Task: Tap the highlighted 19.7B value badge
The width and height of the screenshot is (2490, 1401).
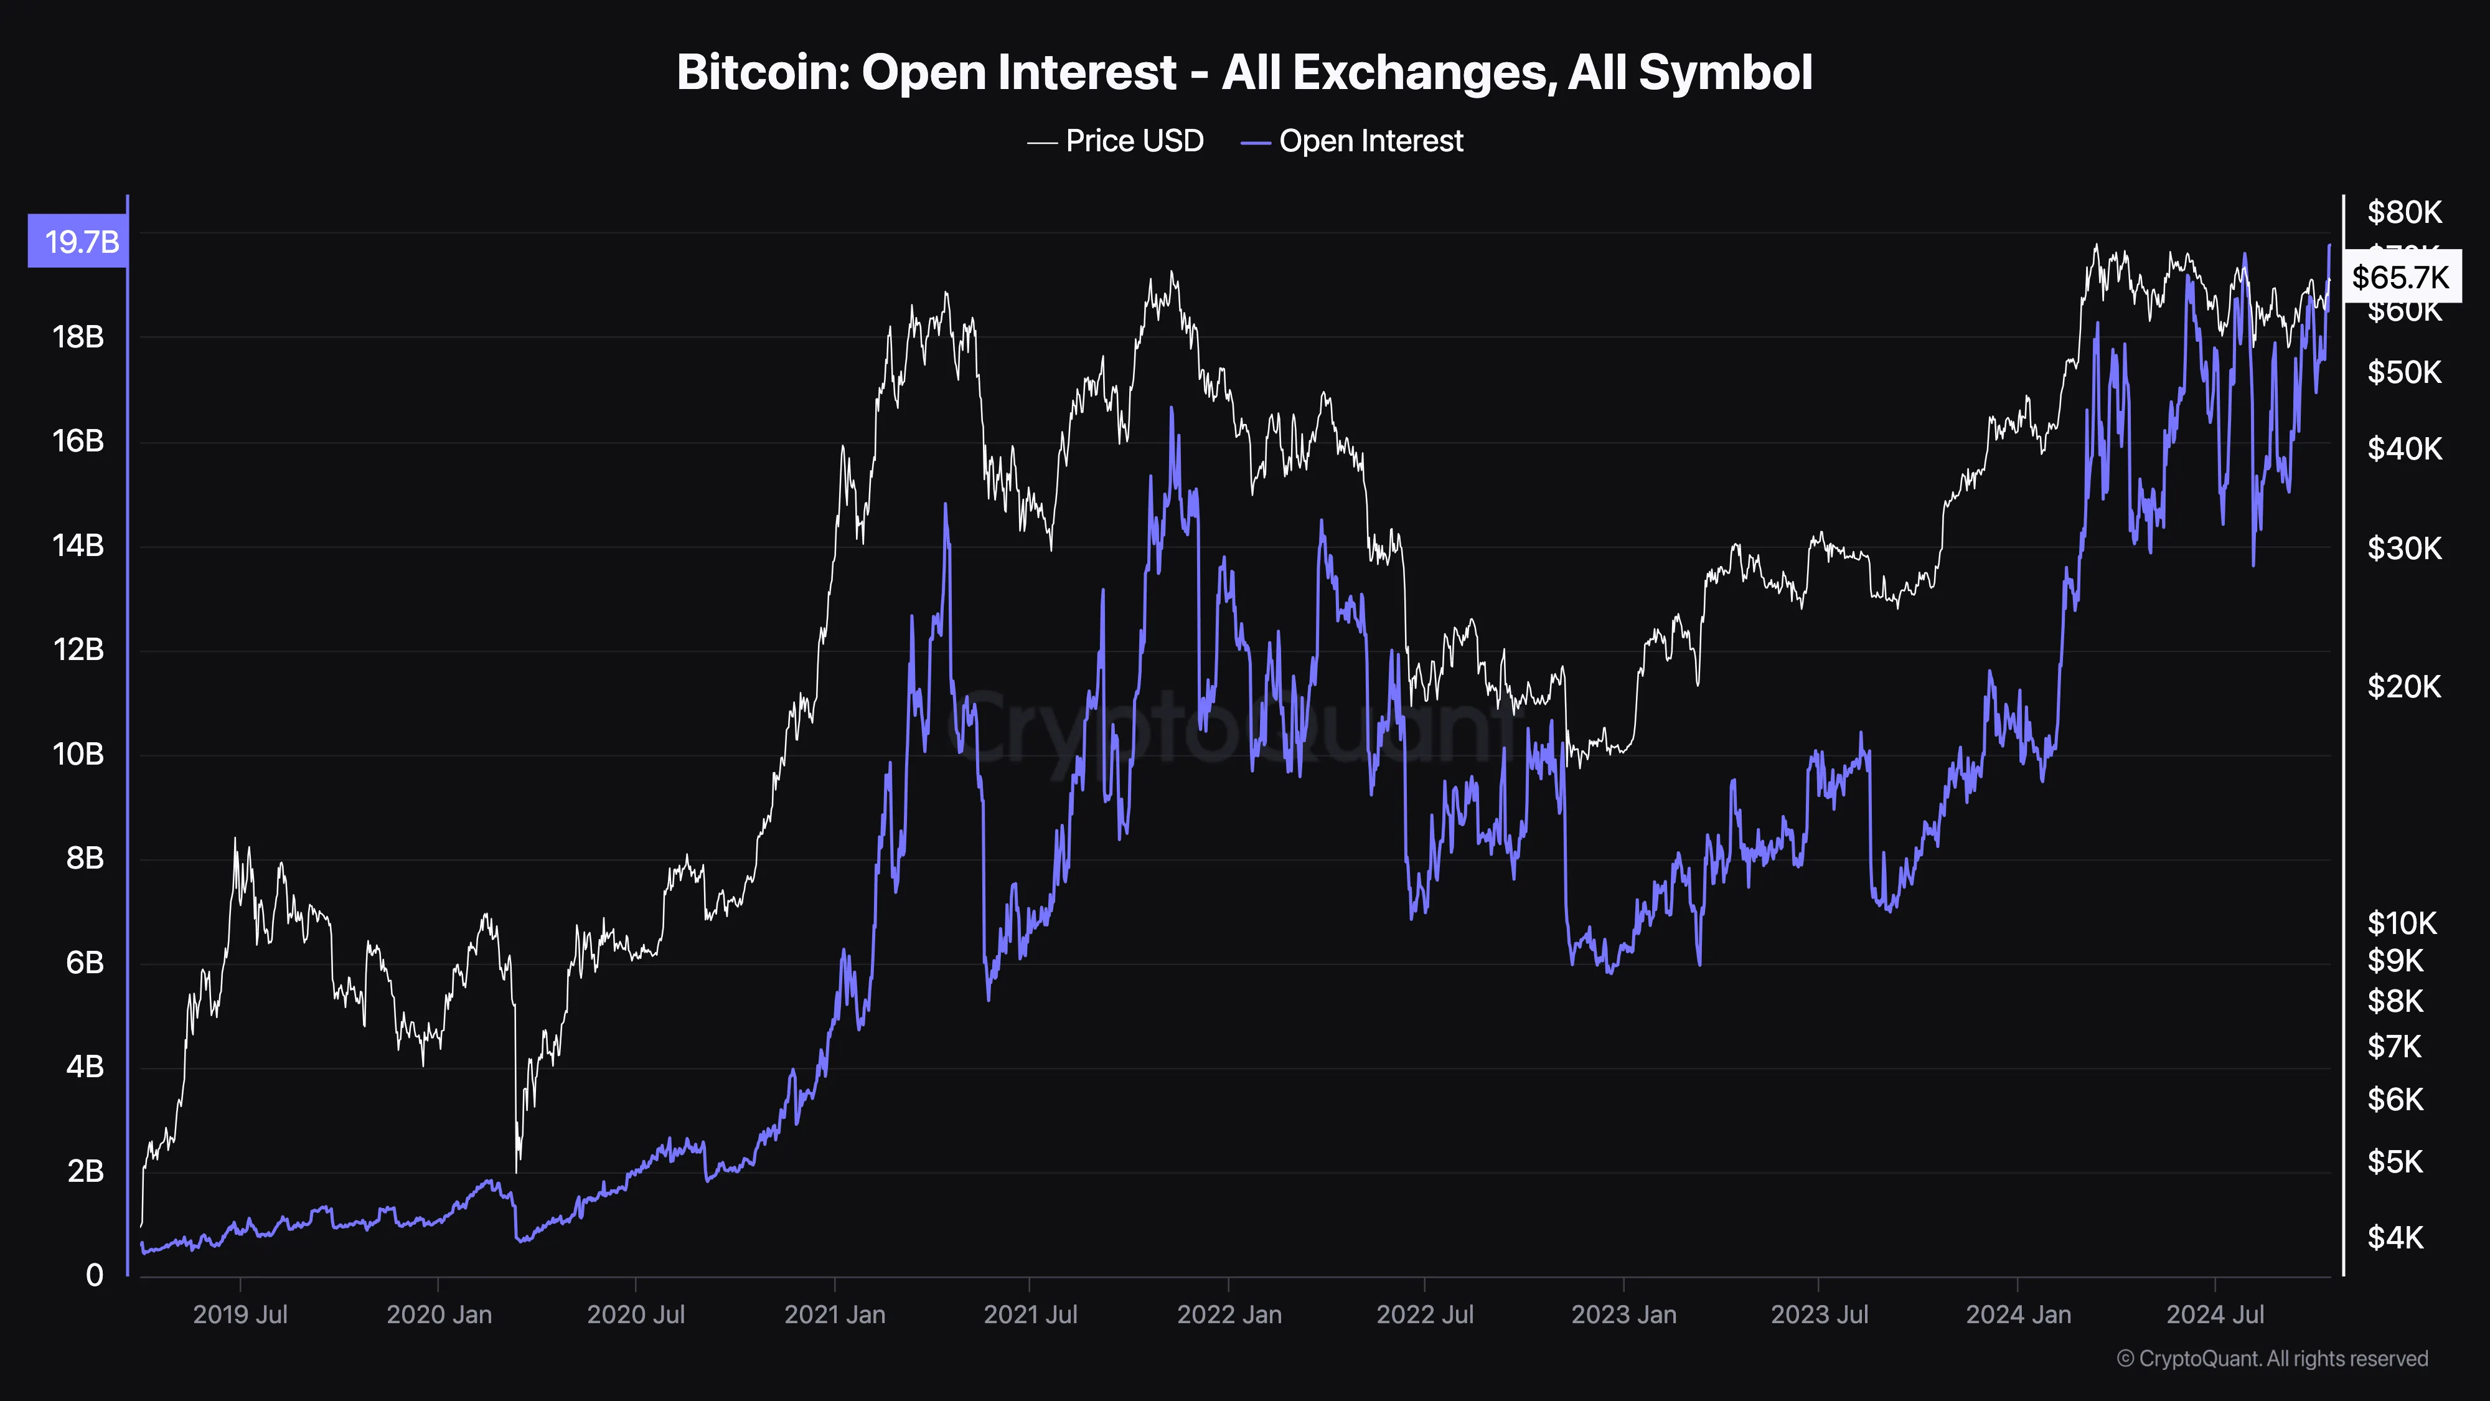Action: click(x=79, y=241)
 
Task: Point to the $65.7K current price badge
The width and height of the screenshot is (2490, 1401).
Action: click(x=2401, y=278)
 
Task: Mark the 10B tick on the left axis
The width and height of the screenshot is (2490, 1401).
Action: click(x=78, y=754)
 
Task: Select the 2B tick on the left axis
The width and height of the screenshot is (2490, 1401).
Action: click(x=85, y=1171)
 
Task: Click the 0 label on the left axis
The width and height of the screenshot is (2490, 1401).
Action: click(x=94, y=1275)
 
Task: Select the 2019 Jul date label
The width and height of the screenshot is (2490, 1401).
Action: click(x=240, y=1315)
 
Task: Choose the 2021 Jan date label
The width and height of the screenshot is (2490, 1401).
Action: click(x=834, y=1315)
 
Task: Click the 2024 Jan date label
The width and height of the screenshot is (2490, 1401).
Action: click(x=2018, y=1315)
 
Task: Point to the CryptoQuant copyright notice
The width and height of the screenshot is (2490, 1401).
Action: click(x=2272, y=1359)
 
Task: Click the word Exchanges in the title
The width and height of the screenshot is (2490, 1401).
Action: click(x=1388, y=72)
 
